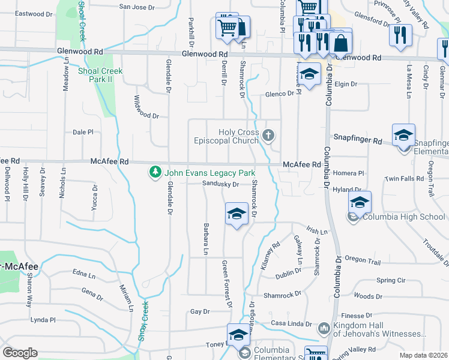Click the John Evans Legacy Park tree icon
pyautogui.click(x=155, y=173)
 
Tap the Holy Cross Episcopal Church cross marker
pyautogui.click(x=270, y=136)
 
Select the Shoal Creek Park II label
pyautogui.click(x=100, y=75)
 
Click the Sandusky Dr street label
pyautogui.click(x=221, y=184)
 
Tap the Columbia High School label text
pyautogui.click(x=403, y=217)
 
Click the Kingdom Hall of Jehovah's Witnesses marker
pyautogui.click(x=324, y=328)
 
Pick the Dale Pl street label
pyautogui.click(x=83, y=132)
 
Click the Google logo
pyautogui.click(x=20, y=352)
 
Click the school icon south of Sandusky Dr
pyautogui.click(x=237, y=214)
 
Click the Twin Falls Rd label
pyautogui.click(x=405, y=179)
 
